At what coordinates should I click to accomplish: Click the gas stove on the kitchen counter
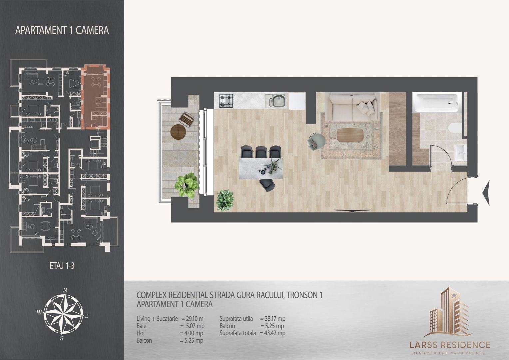[x=226, y=101]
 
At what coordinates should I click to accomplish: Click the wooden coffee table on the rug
[x=350, y=135]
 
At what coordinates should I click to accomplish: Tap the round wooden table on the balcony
[x=178, y=132]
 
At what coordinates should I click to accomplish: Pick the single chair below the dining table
[x=267, y=185]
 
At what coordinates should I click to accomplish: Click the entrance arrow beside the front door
[x=486, y=193]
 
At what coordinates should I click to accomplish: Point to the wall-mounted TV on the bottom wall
[x=352, y=210]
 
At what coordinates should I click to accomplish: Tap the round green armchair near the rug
[x=316, y=141]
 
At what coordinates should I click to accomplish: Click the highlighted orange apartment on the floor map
[x=96, y=97]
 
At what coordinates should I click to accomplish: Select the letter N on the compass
[x=65, y=290]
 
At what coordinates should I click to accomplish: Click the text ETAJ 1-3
[x=62, y=266]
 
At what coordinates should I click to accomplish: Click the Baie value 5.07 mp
[x=195, y=326]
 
